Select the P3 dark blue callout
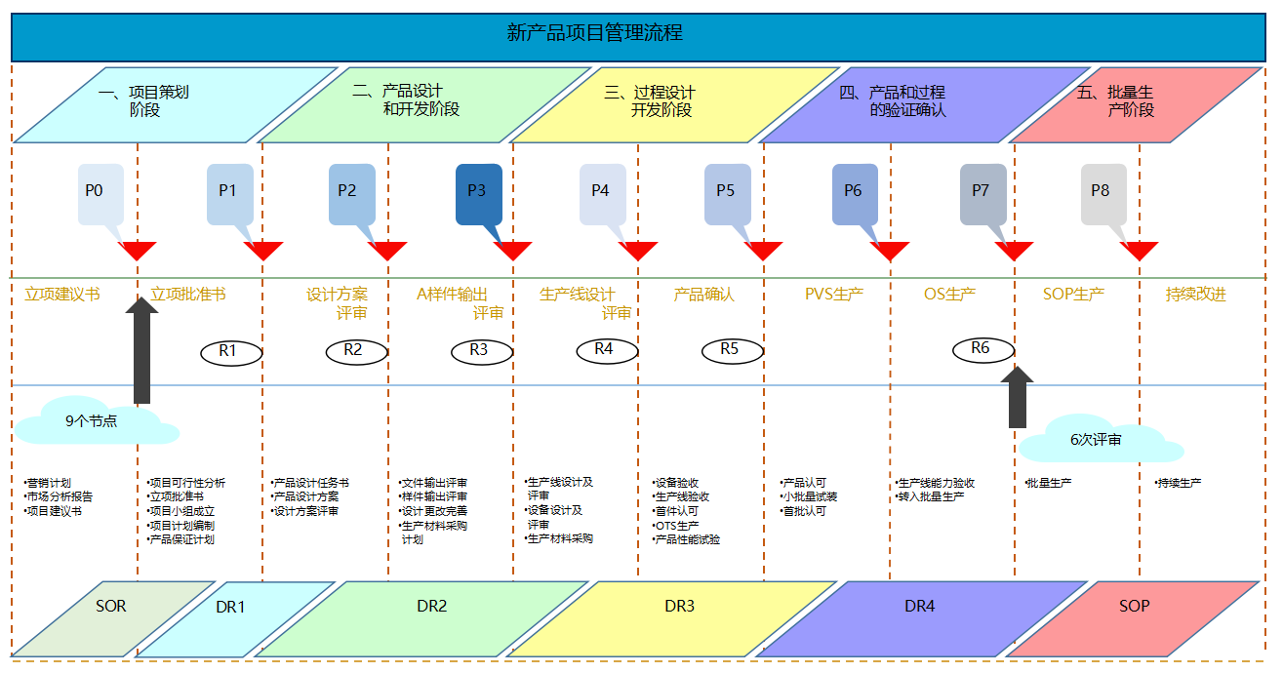(478, 193)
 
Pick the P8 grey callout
(1103, 193)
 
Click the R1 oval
(230, 352)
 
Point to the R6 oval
(982, 349)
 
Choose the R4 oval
(605, 349)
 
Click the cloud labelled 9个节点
(93, 421)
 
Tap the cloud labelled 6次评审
(1097, 440)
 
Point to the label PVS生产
(833, 295)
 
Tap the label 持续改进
(1195, 295)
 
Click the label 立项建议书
(62, 295)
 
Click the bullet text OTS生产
(677, 526)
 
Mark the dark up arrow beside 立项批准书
(142, 351)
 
